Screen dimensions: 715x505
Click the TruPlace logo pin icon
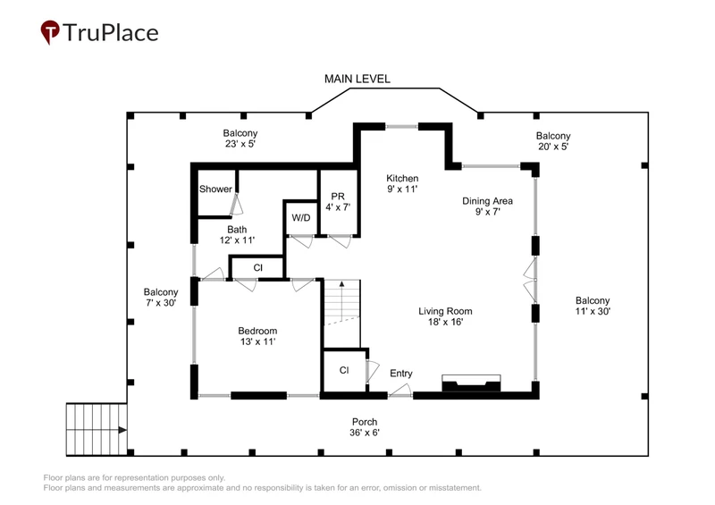tap(50, 32)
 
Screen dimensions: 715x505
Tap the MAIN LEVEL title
tap(357, 79)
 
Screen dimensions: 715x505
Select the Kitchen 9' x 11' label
tap(402, 183)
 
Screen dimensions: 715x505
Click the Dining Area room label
tap(487, 206)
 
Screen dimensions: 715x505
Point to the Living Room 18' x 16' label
tap(445, 316)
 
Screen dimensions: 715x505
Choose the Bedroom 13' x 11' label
tap(257, 336)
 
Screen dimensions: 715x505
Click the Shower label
tap(215, 189)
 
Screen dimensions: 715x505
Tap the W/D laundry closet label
tap(300, 217)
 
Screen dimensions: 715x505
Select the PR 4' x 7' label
tap(338, 202)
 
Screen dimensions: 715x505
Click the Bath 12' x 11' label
tap(237, 234)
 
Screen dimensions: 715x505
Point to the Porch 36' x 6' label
tap(365, 427)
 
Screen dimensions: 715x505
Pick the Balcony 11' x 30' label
tap(593, 306)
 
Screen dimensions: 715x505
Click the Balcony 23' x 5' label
tap(240, 139)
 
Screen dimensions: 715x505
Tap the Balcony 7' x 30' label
tap(161, 297)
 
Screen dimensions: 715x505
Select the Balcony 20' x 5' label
tap(553, 141)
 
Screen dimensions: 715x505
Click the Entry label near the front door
tap(400, 373)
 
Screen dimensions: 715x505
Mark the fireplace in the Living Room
tap(471, 383)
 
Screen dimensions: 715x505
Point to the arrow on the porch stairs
tap(122, 430)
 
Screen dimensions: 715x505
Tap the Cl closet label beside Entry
tap(344, 370)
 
